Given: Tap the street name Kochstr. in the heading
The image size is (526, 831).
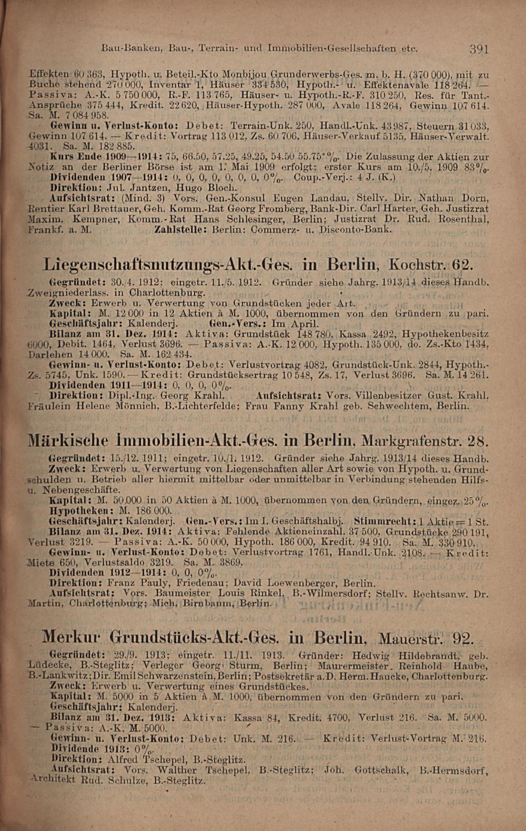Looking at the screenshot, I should click(x=414, y=263).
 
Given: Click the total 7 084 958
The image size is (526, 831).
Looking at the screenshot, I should click(x=83, y=115).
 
